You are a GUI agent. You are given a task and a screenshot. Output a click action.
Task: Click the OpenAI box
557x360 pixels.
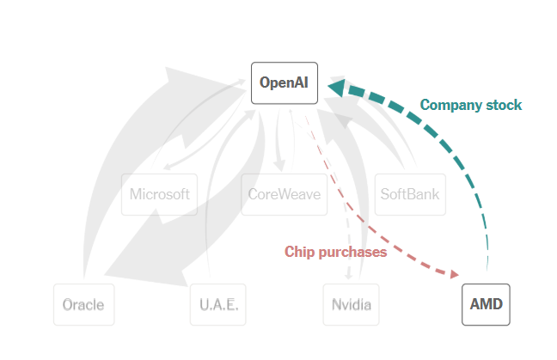tap(285, 83)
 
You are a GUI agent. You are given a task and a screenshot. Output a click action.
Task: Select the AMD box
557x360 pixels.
tap(486, 304)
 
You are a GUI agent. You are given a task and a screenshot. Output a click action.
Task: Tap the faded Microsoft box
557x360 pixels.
tap(159, 194)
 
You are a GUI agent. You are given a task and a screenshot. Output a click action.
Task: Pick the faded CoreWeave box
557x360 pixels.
tap(284, 194)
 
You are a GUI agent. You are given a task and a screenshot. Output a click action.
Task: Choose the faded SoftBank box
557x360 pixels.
tap(409, 194)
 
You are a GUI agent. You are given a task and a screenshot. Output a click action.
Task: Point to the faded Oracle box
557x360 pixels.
tap(83, 304)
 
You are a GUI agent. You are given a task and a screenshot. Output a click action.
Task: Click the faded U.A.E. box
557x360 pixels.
tap(217, 304)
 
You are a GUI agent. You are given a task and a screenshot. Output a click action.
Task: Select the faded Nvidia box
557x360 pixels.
tap(351, 304)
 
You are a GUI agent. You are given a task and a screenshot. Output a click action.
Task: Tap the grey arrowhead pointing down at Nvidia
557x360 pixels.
tap(349, 275)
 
